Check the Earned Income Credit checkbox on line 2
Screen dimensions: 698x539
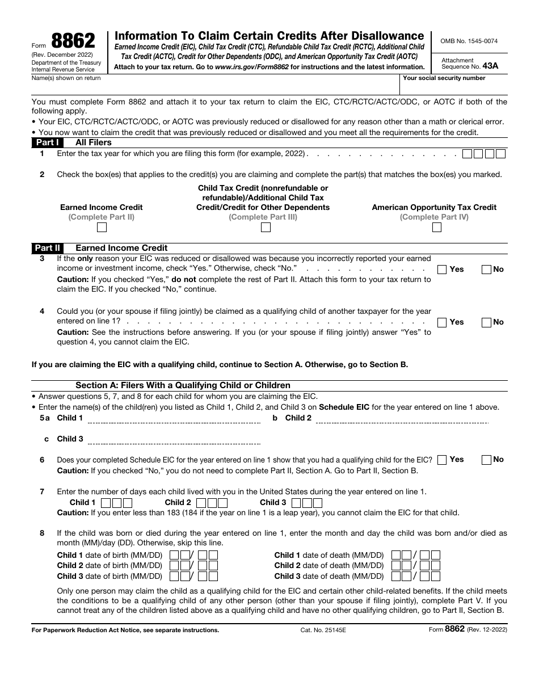tap(102, 228)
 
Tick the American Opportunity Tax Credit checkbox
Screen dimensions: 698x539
tap(436, 228)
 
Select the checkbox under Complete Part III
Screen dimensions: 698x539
tap(265, 228)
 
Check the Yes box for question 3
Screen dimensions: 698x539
tap(442, 270)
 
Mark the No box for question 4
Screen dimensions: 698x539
tap(486, 322)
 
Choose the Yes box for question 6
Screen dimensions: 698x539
tap(442, 460)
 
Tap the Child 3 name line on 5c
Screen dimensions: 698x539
tap(174, 441)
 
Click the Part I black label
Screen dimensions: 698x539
tap(47, 142)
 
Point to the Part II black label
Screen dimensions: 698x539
tap(47, 248)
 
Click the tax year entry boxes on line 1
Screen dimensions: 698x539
tap(483, 154)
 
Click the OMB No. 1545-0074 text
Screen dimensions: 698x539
tap(469, 41)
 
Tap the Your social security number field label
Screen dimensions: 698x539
tap(444, 78)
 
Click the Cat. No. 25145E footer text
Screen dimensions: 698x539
tap(323, 630)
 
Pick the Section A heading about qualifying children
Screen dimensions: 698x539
tap(183, 385)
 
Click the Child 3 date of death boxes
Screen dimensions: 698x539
tap(416, 576)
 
